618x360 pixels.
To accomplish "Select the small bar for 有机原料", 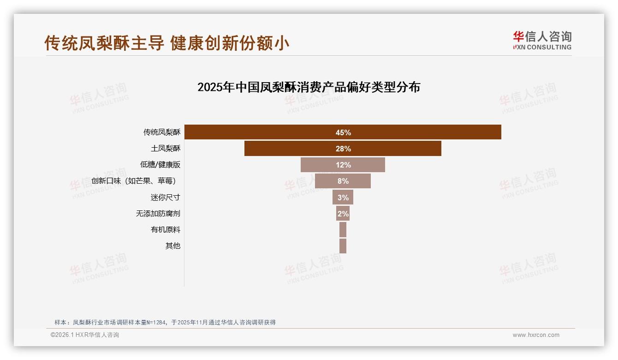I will (343, 230).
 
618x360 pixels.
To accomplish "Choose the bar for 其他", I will (343, 246).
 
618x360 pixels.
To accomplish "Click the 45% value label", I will (343, 132).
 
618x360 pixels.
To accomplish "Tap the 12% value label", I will (343, 165).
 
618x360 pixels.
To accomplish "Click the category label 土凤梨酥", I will (166, 149).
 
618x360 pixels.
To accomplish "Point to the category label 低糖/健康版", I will (160, 165).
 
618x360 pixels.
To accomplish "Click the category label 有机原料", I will (166, 230).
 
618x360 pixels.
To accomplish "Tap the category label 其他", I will (173, 246).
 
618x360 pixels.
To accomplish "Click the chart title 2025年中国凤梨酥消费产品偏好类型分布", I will (309, 87).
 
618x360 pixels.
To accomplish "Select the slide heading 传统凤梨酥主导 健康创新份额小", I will (167, 43).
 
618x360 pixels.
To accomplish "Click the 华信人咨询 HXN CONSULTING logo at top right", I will (542, 41).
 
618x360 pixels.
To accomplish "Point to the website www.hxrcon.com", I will (536, 335).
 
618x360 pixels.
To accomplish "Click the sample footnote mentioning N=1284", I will (165, 322).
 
